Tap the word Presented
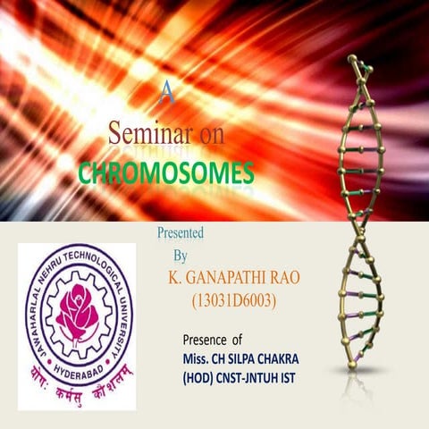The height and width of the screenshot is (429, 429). [181, 233]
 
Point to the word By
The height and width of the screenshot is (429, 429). [181, 255]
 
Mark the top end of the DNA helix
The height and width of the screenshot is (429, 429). [355, 61]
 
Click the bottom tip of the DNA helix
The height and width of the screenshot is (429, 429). [352, 365]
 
